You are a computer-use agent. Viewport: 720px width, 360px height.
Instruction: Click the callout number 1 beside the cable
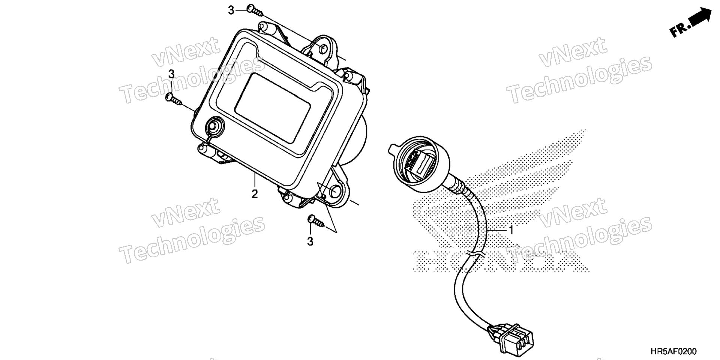510,228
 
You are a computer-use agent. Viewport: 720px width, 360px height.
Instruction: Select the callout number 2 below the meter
255,194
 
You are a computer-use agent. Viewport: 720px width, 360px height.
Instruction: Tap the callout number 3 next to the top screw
231,10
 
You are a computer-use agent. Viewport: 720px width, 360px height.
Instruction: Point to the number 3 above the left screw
171,74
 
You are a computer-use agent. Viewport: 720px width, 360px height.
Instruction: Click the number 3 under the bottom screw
310,242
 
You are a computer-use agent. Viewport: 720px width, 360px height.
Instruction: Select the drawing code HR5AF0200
673,352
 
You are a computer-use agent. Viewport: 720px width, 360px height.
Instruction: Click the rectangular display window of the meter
273,108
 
